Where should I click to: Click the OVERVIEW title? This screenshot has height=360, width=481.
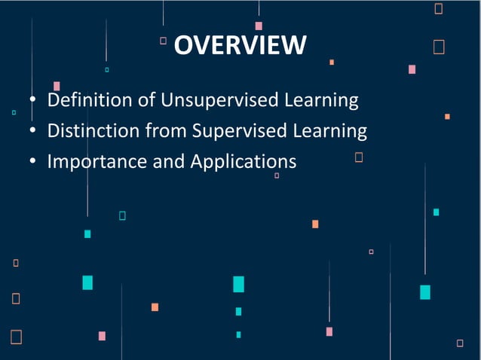(240, 45)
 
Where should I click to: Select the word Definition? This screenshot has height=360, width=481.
(78, 99)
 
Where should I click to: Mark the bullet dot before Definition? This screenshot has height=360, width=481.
(33, 101)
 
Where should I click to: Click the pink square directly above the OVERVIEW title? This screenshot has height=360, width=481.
(259, 26)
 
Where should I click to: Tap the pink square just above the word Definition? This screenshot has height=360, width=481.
(57, 86)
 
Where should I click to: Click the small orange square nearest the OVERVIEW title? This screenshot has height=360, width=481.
(332, 62)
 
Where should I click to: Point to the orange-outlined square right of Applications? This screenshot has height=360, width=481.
(359, 157)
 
